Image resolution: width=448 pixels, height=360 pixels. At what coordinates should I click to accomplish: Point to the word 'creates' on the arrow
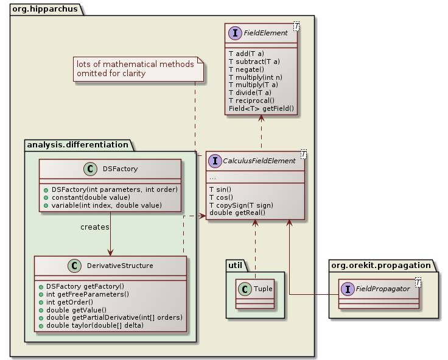94,227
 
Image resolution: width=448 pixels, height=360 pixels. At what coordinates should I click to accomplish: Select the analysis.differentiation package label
79,145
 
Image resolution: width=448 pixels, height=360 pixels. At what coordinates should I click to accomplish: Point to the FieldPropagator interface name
383,289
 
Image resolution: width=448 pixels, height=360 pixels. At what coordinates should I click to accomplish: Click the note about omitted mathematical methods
135,69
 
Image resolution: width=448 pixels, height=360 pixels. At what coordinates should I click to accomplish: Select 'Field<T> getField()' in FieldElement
261,108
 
